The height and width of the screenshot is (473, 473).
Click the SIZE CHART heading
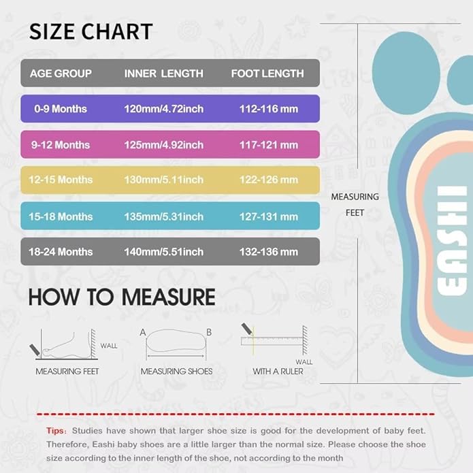[x=91, y=31]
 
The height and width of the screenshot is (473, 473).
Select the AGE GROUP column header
[x=61, y=74]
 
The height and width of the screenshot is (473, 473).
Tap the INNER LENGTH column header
[x=163, y=74]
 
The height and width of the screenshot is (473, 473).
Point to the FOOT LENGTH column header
[x=267, y=74]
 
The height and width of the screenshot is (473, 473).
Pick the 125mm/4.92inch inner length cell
[x=163, y=145]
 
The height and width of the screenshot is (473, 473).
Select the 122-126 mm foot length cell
[x=269, y=180]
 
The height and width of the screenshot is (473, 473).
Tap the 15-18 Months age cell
[x=61, y=216]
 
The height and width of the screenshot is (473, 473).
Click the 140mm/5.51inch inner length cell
[x=163, y=252]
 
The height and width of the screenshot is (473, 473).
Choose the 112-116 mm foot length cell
[x=269, y=109]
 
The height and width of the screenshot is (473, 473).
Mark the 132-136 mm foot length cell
[x=269, y=252]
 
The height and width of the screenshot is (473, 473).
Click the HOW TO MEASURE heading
[x=122, y=297]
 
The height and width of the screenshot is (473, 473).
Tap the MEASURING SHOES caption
[x=176, y=372]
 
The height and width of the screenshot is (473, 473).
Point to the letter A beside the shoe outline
[x=144, y=333]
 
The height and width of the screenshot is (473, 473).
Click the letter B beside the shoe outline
[x=209, y=333]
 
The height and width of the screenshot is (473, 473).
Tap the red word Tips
[x=56, y=431]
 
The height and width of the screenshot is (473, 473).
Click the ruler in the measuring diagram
[x=272, y=340]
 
